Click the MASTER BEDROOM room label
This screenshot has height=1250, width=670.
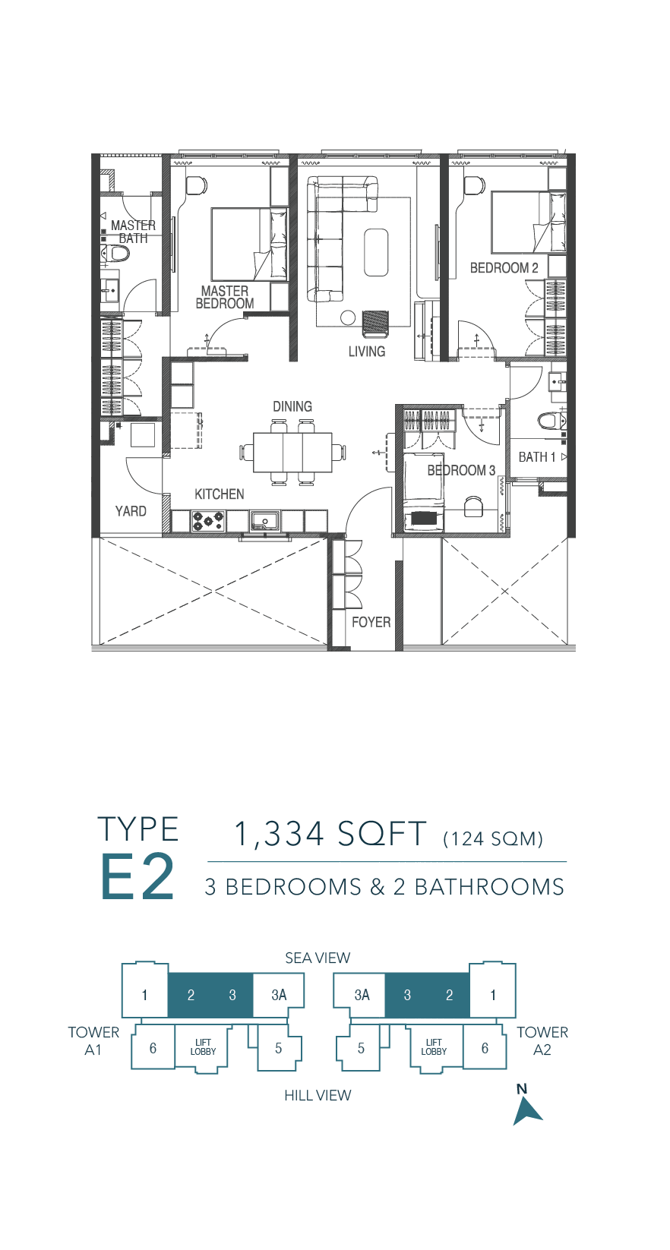coord(224,297)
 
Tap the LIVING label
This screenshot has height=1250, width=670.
coord(367,352)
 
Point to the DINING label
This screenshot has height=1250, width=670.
coord(292,406)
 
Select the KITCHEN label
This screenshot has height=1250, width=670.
coord(220,494)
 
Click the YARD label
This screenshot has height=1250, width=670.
coord(131,511)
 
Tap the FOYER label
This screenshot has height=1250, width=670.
coord(371,622)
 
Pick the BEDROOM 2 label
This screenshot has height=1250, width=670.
coord(504,268)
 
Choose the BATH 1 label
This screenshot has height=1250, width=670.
coord(537,457)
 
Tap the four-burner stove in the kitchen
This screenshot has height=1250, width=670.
coord(208,521)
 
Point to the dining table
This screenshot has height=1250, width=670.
coord(292,452)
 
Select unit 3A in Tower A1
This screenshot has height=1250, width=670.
coord(279,995)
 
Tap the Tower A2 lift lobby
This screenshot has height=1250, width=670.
coord(434,1047)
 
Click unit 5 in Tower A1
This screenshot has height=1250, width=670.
coord(279,1048)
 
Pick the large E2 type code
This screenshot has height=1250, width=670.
coord(137,876)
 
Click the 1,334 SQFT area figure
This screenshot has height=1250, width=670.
coord(330,834)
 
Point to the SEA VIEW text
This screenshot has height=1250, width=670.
coord(318,958)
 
